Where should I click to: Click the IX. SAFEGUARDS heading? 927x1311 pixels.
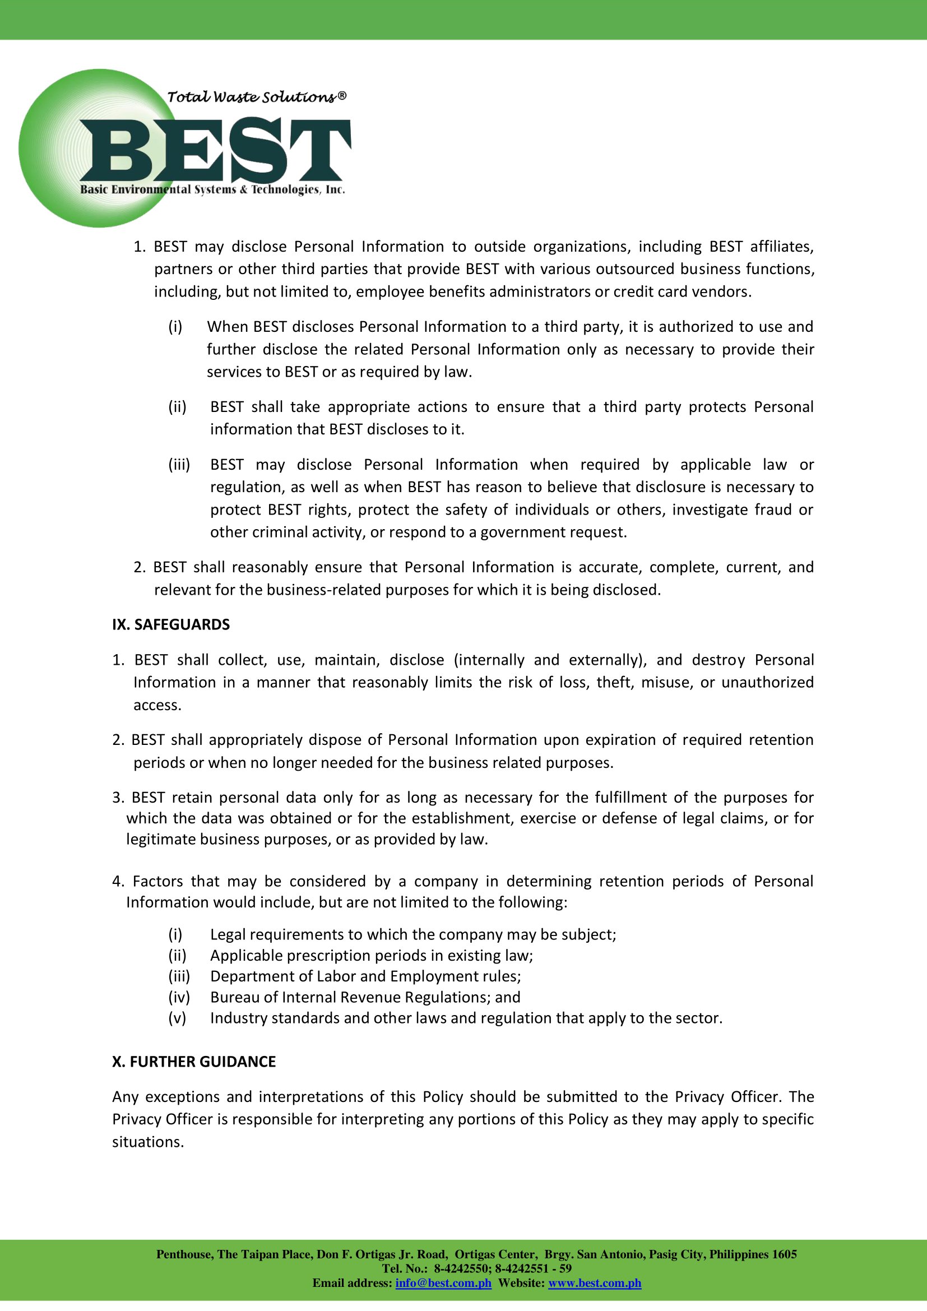click(x=171, y=624)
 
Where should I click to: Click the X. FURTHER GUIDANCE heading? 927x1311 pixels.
click(x=193, y=1062)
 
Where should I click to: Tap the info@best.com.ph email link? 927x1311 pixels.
click(x=443, y=1283)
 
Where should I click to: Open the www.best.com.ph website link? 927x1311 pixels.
click(x=594, y=1283)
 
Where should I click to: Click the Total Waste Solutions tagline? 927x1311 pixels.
click(x=256, y=97)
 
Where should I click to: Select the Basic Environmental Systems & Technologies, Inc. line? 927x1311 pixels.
click(x=212, y=189)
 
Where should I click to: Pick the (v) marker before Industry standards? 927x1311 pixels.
click(x=177, y=1018)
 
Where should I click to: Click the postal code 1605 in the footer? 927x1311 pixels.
click(x=784, y=1254)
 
